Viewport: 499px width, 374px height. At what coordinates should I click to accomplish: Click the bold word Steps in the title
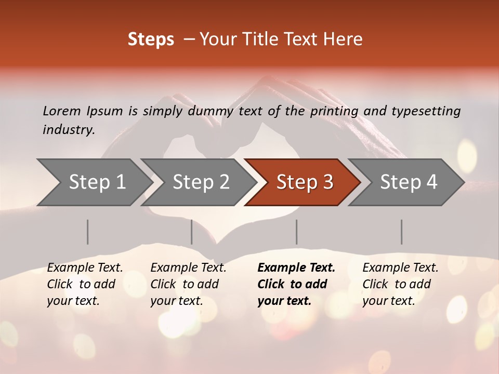coord(151,39)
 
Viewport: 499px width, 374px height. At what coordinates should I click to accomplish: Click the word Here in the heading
coord(343,39)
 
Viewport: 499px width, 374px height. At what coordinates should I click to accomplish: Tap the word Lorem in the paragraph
coord(61,111)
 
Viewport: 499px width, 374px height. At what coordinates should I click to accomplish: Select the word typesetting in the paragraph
coord(427,111)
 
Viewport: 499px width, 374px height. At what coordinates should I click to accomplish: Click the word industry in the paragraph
coord(68,129)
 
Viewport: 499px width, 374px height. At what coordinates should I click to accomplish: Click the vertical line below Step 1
coord(88,232)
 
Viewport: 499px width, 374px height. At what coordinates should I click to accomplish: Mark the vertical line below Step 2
coord(192,232)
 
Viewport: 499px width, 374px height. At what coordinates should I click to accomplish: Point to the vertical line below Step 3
coord(296,232)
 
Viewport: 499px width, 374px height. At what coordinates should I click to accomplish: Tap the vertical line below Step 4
coord(401,232)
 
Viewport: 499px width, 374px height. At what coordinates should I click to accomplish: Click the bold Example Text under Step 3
coord(296,268)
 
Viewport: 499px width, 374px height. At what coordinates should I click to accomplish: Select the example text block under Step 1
coord(85,284)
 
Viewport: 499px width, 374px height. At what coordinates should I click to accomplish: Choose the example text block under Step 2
coord(188,284)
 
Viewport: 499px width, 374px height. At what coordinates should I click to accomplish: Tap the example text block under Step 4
coord(400,284)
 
